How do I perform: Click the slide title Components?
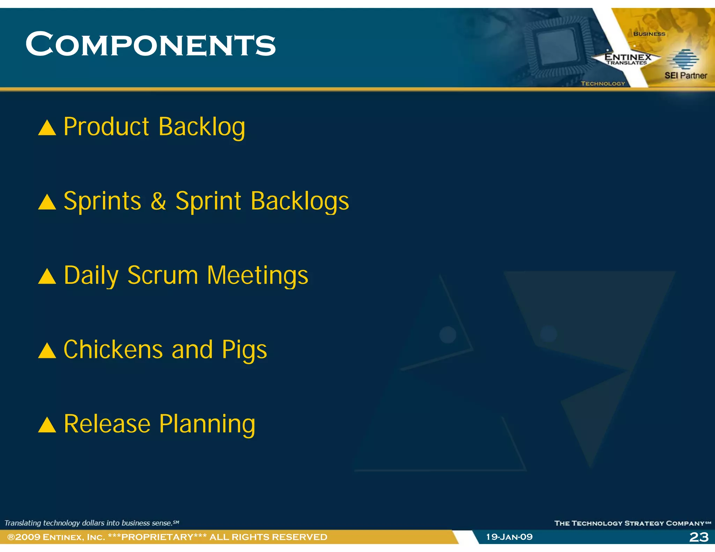pyautogui.click(x=150, y=44)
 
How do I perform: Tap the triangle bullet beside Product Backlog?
pyautogui.click(x=47, y=128)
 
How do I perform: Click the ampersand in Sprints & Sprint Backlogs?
pyautogui.click(x=158, y=201)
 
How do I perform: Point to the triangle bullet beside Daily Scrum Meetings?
pyautogui.click(x=47, y=277)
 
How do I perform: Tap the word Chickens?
pyautogui.click(x=113, y=350)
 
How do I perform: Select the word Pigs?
pyautogui.click(x=244, y=350)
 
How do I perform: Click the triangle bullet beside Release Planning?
pyautogui.click(x=47, y=425)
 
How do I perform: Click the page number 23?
pyautogui.click(x=699, y=537)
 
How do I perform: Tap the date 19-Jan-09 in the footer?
pyautogui.click(x=509, y=537)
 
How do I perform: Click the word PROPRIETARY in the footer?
pyautogui.click(x=157, y=537)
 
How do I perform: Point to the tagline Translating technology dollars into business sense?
pyautogui.click(x=91, y=523)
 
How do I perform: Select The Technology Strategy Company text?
pyautogui.click(x=632, y=523)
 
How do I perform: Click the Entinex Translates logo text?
pyautogui.click(x=628, y=59)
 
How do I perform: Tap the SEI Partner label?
pyautogui.click(x=686, y=75)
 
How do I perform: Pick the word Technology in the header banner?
pyautogui.click(x=603, y=84)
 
